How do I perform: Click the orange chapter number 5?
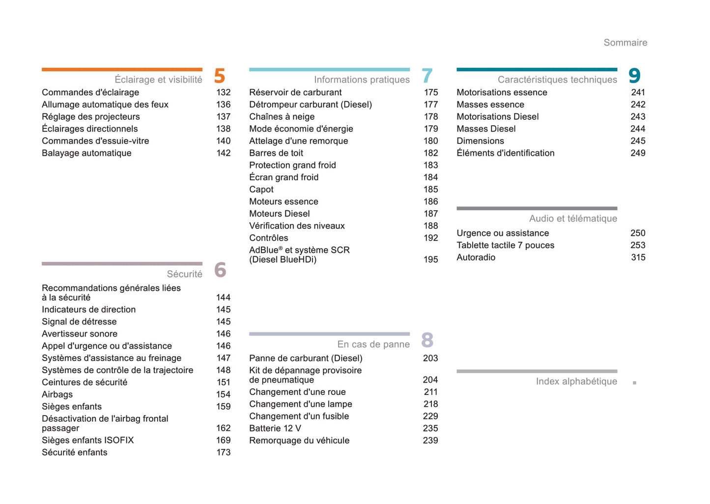coord(219,76)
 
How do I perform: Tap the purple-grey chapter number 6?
coord(220,270)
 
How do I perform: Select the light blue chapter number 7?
coord(427,76)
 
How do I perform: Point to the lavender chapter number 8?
coord(427,340)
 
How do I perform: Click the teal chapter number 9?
coord(634,76)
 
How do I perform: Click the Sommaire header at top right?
coord(625,43)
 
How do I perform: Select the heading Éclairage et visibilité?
coord(158,80)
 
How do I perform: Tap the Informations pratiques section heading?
coord(362,80)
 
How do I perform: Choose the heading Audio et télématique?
coord(573,219)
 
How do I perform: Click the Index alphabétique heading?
coord(576,381)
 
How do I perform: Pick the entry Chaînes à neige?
coord(282,116)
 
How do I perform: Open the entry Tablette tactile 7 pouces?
coord(505,245)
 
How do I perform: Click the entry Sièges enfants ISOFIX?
coord(87,440)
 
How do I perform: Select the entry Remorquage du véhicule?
coord(299,440)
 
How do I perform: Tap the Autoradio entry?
coord(476,257)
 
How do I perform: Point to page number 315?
coord(638,257)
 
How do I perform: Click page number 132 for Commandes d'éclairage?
coord(223,92)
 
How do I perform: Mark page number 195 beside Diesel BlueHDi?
coord(430,259)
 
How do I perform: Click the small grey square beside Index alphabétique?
coord(634,383)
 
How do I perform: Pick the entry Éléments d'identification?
coord(505,153)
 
